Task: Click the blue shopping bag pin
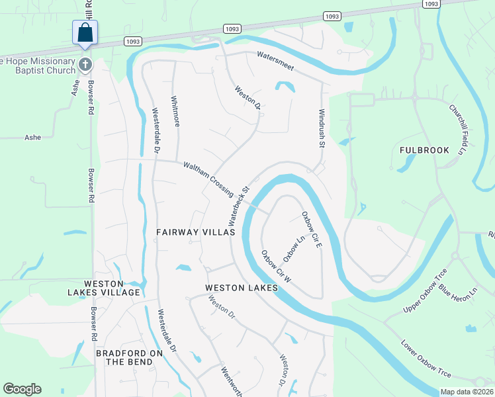tap(85, 33)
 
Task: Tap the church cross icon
tap(85, 64)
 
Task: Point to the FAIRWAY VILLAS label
tap(196, 232)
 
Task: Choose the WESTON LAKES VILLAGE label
tap(103, 288)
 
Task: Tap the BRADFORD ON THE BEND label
tap(130, 357)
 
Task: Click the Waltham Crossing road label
tap(208, 179)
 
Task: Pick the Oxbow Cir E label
tap(312, 230)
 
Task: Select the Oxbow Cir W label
tap(276, 267)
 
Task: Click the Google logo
tap(22, 389)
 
